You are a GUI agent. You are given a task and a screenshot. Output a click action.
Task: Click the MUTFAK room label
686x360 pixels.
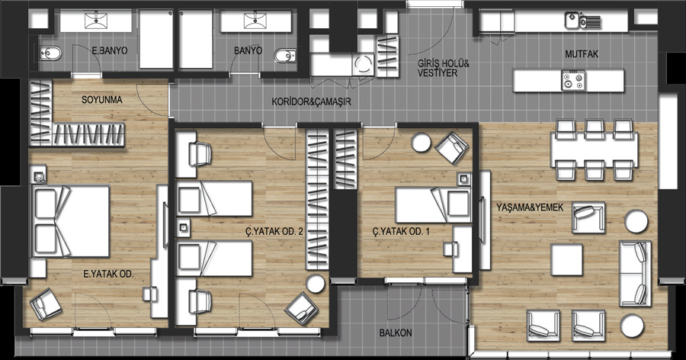coord(582,54)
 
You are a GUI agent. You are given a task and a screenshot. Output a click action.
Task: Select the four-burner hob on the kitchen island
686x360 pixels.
coord(572,81)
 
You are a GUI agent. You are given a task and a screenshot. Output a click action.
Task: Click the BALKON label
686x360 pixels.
coord(396,333)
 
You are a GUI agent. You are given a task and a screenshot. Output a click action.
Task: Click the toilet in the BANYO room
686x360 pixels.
coord(285,56)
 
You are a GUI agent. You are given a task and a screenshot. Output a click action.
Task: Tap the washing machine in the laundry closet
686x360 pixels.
coord(363,65)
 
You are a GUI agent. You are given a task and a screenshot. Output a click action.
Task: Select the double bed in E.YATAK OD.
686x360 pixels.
coord(69,221)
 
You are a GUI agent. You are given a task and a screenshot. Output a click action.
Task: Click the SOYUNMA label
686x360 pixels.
coord(102,100)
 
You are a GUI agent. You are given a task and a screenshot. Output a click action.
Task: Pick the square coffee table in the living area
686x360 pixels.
coord(566,260)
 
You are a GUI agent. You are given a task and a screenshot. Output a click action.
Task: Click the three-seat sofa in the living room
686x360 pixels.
coord(635,273)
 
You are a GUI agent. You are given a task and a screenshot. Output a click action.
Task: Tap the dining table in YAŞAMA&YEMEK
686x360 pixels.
coord(594,150)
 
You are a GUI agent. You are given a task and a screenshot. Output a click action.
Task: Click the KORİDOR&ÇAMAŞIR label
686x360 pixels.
coord(311,101)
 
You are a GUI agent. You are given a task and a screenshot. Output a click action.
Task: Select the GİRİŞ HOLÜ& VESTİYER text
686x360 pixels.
coord(443,69)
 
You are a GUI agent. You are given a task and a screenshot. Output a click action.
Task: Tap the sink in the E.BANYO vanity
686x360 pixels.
coord(96,20)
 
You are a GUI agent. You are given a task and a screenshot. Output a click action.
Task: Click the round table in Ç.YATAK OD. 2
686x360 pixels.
coord(315,284)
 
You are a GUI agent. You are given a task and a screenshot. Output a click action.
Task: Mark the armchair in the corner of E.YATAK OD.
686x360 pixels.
coord(46,304)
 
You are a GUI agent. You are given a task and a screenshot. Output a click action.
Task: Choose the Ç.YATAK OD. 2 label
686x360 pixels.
coord(274,231)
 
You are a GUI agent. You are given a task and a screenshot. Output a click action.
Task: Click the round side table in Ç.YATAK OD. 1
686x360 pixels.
coord(422,142)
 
